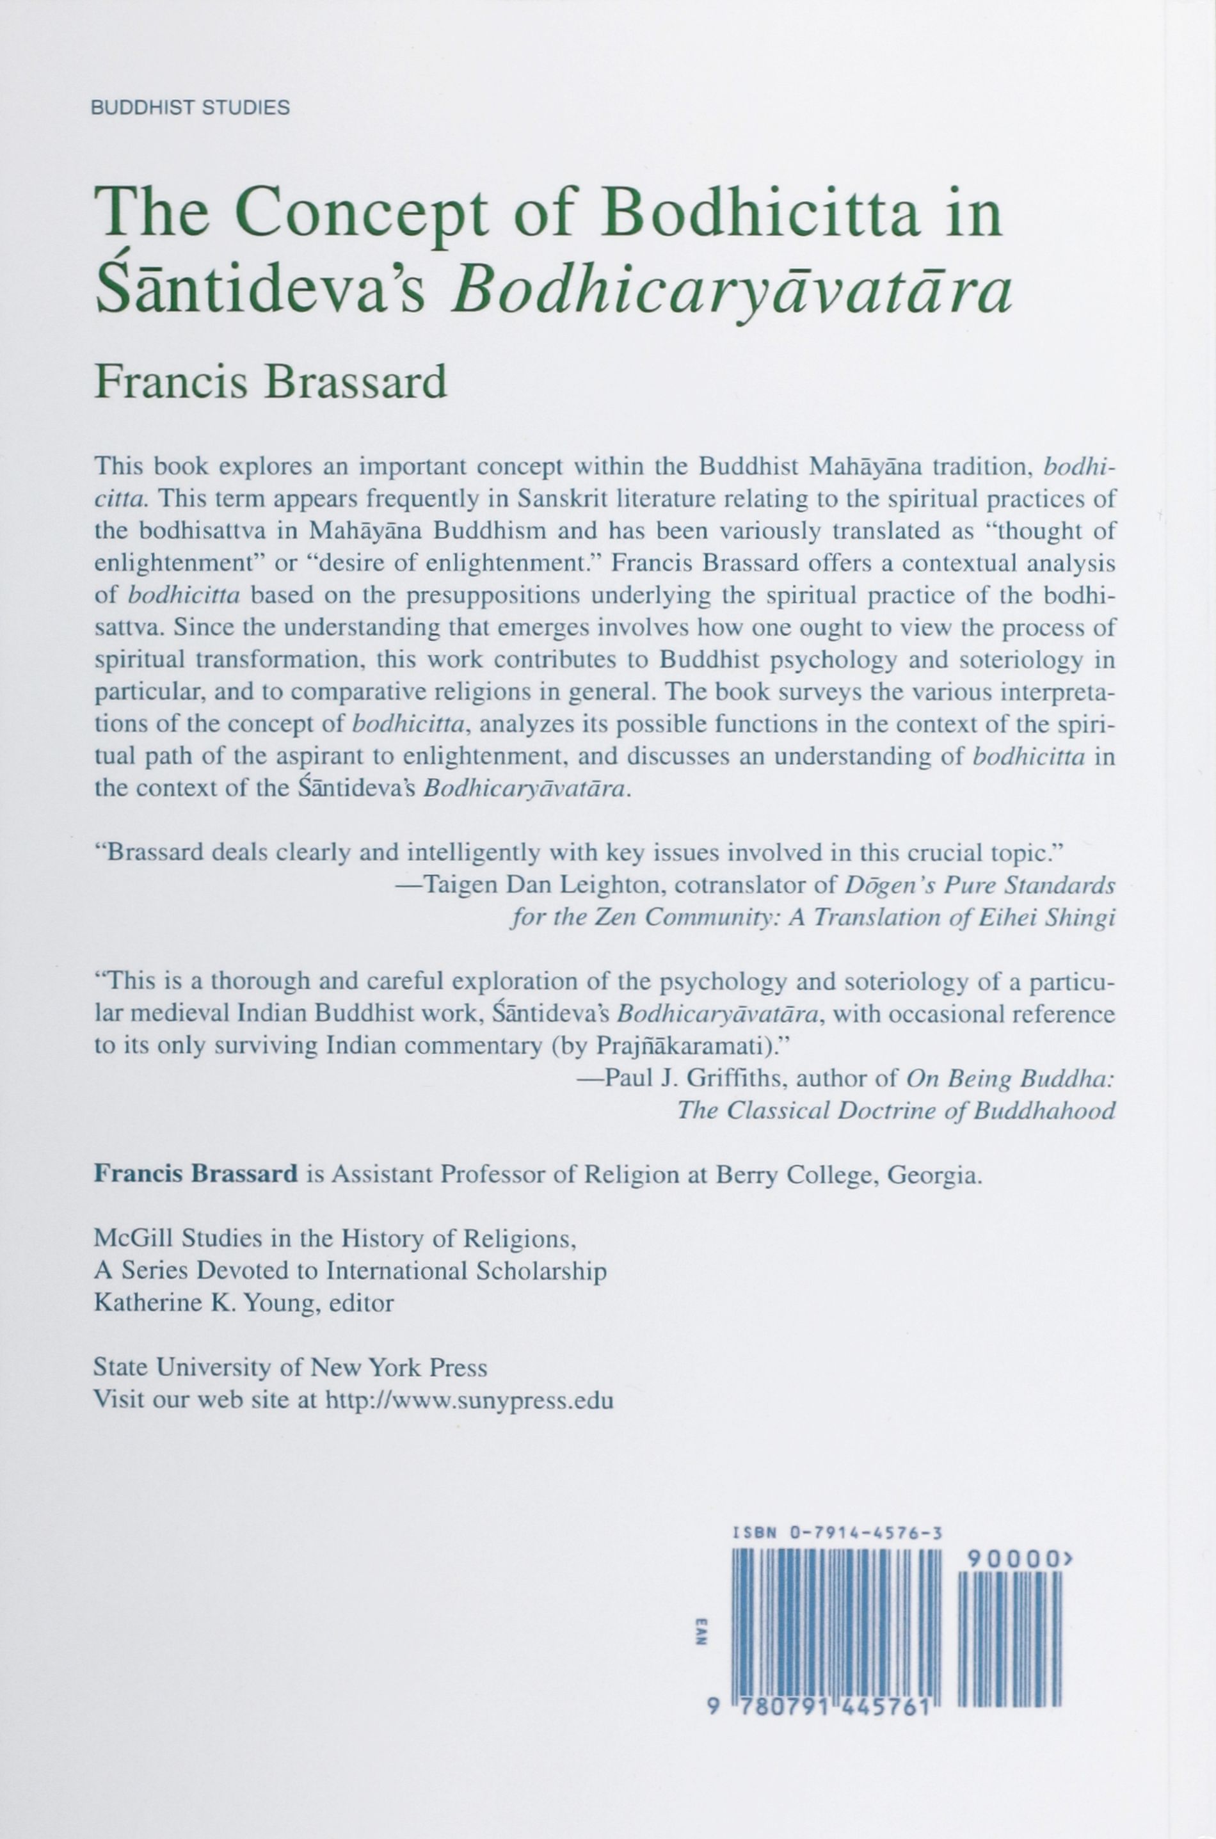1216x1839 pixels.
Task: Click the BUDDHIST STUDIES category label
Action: pyautogui.click(x=191, y=108)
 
